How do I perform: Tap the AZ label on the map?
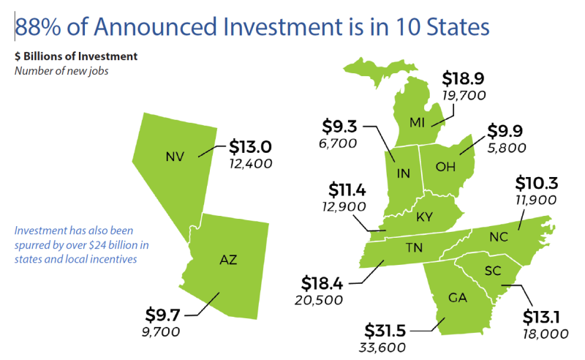228,259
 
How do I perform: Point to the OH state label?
445,167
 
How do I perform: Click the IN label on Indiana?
403,173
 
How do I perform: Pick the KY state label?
424,217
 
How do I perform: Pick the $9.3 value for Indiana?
338,127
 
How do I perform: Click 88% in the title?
36,27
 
